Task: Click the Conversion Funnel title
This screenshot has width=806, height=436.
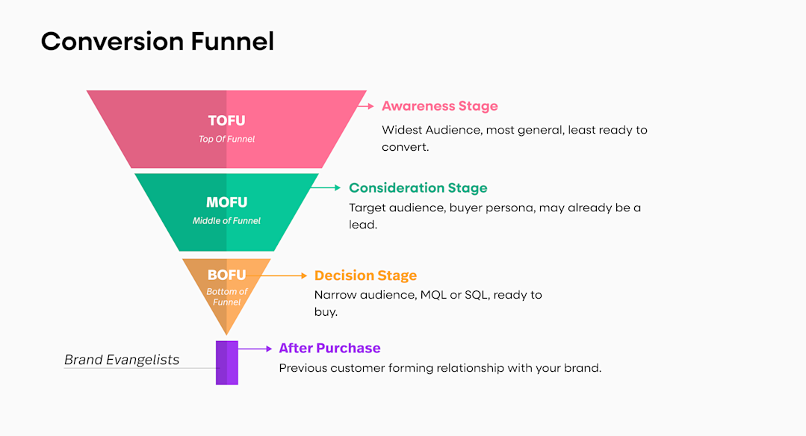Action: pos(157,41)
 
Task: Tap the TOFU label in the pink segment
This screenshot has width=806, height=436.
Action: pos(226,121)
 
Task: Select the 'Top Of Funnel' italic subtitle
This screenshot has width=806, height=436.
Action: pos(226,139)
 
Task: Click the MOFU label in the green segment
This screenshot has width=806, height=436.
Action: pos(226,202)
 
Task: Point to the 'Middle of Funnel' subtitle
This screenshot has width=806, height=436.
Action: pos(226,221)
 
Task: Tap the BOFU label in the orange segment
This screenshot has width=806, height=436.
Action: pos(226,275)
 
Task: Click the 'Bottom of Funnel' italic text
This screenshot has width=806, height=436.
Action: pos(226,297)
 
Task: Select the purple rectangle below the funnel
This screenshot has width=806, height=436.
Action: pos(226,363)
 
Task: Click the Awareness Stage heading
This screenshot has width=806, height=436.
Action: pos(439,106)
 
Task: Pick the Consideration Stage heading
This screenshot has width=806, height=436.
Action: pos(418,188)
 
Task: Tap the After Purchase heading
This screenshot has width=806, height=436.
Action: pos(329,348)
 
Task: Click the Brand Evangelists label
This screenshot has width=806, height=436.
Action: pos(122,360)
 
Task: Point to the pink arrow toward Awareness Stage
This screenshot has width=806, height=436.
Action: pos(365,106)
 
